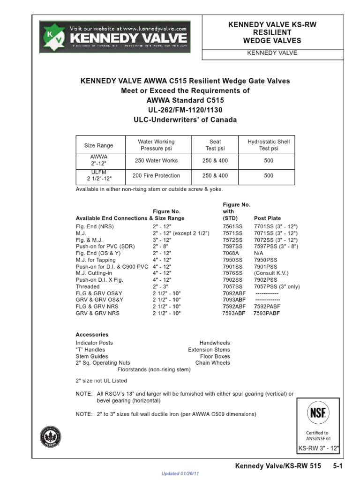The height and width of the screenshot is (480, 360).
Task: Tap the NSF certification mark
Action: click(x=319, y=413)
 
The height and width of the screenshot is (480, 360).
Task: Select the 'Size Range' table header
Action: click(x=98, y=145)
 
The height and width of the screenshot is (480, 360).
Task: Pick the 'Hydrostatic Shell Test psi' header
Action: click(x=269, y=145)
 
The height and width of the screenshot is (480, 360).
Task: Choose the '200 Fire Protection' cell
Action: click(x=156, y=176)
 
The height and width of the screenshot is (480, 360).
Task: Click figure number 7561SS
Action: click(x=232, y=226)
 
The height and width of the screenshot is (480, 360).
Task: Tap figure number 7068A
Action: click(x=231, y=253)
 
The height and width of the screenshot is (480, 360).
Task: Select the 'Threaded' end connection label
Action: click(x=88, y=286)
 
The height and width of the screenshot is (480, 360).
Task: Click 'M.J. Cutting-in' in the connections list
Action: click(x=94, y=273)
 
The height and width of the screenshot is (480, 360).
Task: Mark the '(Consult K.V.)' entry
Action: click(x=271, y=273)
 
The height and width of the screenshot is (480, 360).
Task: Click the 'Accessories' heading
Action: click(x=92, y=335)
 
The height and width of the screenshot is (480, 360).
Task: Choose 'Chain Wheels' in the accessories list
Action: click(x=213, y=363)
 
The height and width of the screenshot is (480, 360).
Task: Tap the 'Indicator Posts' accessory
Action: click(x=94, y=343)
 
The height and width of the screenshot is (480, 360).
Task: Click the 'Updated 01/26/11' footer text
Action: click(x=180, y=474)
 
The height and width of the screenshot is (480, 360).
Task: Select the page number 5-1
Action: click(x=338, y=467)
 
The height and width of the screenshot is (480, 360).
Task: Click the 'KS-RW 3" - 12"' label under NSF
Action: click(x=319, y=449)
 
